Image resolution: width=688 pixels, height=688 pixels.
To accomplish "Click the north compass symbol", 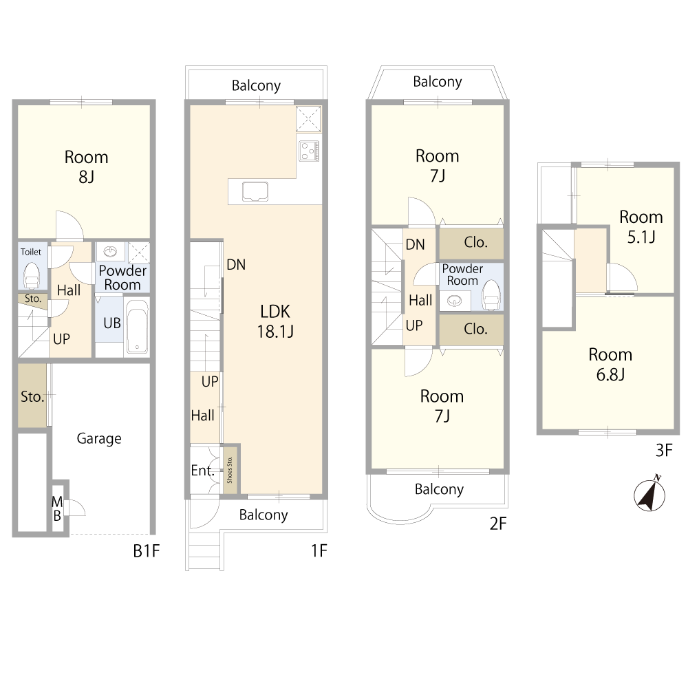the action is [x=649, y=495].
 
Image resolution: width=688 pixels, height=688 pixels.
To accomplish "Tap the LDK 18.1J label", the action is [x=275, y=321].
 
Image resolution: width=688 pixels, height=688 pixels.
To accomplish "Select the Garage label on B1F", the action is [x=98, y=438].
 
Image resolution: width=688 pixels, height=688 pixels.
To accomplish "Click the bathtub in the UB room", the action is [x=137, y=325].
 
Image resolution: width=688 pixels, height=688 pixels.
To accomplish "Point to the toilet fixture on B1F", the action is [x=31, y=276].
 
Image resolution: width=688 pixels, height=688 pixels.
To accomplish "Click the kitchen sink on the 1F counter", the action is [x=255, y=192].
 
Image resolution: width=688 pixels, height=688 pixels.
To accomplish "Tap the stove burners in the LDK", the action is [x=310, y=151].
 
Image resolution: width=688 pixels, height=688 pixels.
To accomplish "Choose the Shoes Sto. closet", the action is [x=230, y=469].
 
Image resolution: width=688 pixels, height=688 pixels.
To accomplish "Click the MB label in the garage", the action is [x=57, y=508].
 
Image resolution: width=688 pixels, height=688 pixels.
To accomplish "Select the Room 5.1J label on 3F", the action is [x=641, y=227].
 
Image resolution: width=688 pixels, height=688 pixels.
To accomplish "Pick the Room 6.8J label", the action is [x=610, y=364].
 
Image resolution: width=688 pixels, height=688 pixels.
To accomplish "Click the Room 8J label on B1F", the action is [x=86, y=166].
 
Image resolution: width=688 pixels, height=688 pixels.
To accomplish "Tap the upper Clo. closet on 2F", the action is [x=471, y=243].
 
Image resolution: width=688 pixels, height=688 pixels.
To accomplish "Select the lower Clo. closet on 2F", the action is [x=471, y=329].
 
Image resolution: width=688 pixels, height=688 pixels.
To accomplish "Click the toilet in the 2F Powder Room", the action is [x=491, y=295].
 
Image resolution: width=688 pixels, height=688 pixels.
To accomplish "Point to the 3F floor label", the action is [x=664, y=450].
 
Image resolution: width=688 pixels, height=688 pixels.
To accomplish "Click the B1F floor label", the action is [x=146, y=550].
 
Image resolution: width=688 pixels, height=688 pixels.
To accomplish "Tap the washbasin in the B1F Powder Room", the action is [x=110, y=251].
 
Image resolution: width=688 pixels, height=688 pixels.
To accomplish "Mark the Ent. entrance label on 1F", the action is [x=202, y=471].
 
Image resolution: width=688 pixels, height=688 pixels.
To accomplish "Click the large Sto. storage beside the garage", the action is [x=32, y=396].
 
